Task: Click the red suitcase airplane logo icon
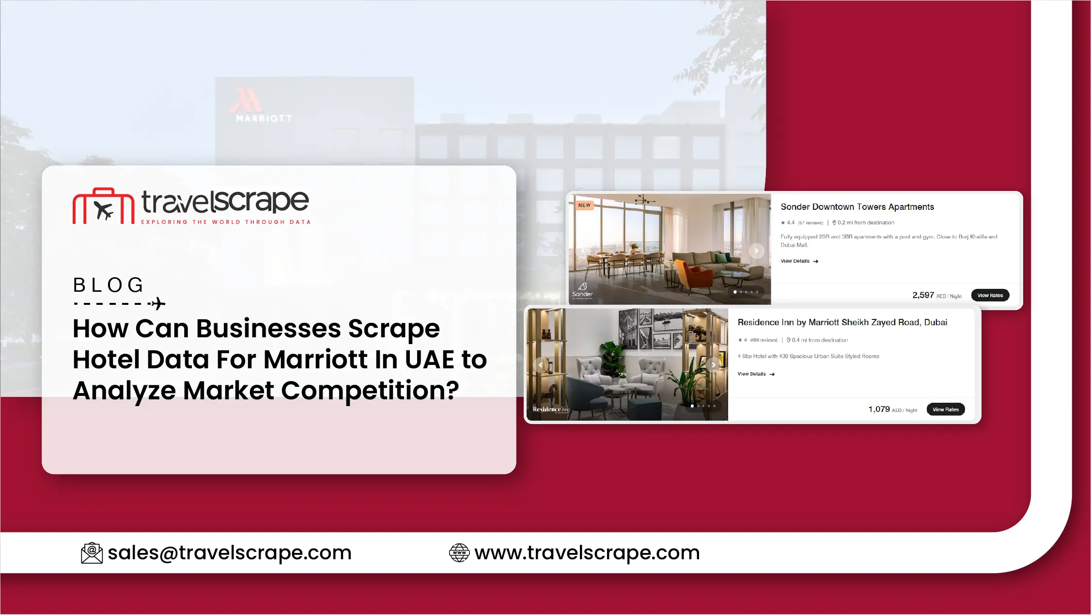click(x=103, y=206)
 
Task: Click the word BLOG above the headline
click(x=109, y=285)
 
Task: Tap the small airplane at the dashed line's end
click(x=157, y=304)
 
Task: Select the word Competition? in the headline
click(x=370, y=391)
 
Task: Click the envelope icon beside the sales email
click(x=92, y=553)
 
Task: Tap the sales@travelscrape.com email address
click(x=230, y=552)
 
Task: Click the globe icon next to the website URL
click(x=459, y=553)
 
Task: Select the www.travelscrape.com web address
click(x=587, y=552)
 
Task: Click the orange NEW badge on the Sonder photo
click(x=584, y=205)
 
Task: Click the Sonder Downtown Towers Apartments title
click(x=857, y=207)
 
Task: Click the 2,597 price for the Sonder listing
click(x=923, y=295)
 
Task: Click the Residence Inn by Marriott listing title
click(x=842, y=322)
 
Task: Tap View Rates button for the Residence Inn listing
click(x=946, y=410)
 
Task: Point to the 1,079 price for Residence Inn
click(x=879, y=410)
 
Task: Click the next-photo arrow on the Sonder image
click(x=756, y=251)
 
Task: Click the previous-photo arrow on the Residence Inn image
click(x=541, y=365)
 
